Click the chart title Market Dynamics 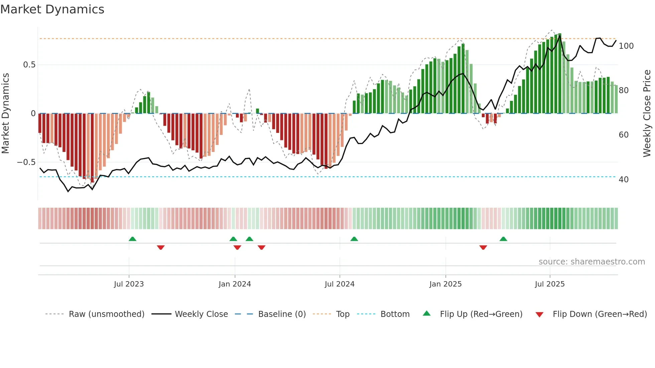(x=52, y=9)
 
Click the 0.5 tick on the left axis (x=29, y=65)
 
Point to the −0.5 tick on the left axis (x=26, y=162)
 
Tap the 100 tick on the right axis (x=626, y=46)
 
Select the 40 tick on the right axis (x=624, y=180)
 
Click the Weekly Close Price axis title (x=647, y=114)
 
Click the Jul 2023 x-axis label (x=129, y=284)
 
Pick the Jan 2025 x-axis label (x=445, y=284)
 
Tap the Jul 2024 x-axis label (x=340, y=284)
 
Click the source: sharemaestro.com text (x=592, y=262)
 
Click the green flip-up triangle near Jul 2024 (x=354, y=239)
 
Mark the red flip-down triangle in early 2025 (x=483, y=247)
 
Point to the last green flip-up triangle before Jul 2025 (x=503, y=239)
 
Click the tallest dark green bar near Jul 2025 (x=560, y=73)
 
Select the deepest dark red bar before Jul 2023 (x=92, y=148)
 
